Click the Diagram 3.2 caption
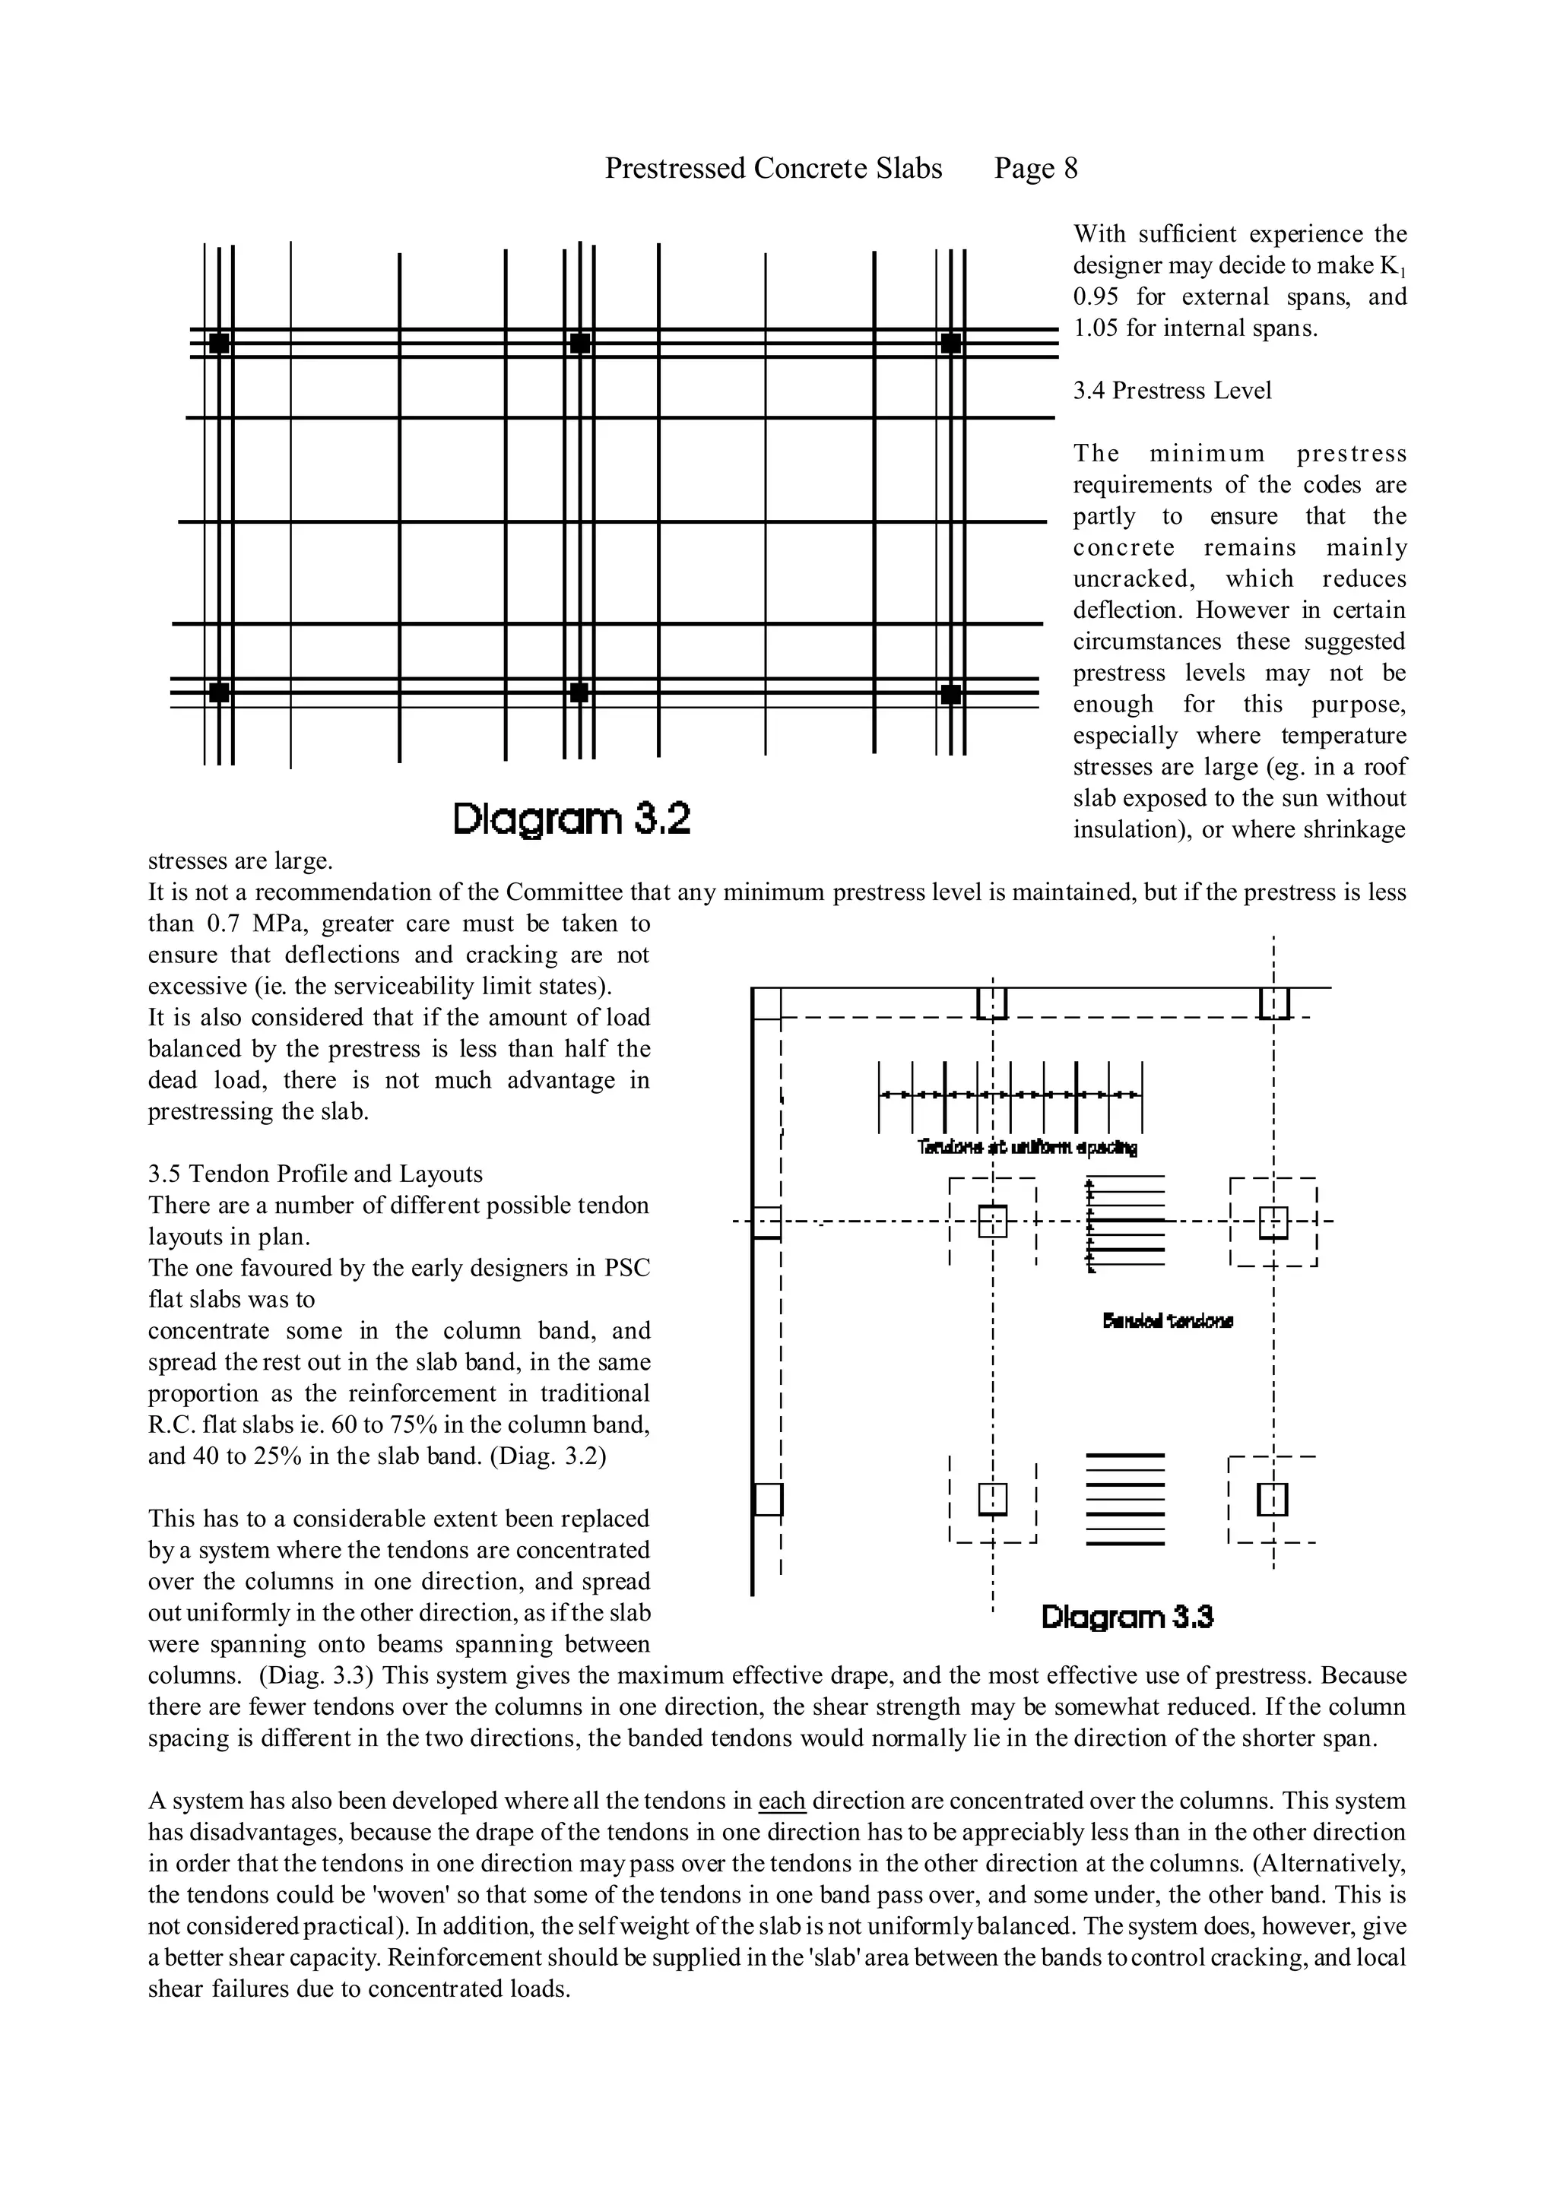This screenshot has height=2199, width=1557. coord(572,821)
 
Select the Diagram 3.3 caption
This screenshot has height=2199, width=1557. coord(1127,1618)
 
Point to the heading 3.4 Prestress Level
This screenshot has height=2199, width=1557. coord(1172,391)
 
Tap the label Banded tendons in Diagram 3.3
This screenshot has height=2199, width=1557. coord(1168,1322)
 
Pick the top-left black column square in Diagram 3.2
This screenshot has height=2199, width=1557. coord(220,343)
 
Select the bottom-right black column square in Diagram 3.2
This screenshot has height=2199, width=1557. coord(950,693)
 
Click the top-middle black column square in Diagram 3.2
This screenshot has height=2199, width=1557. coord(579,343)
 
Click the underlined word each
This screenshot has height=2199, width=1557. coord(782,1801)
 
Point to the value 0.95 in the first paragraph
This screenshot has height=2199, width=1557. coord(1096,297)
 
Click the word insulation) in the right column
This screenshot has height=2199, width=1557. coord(1131,829)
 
